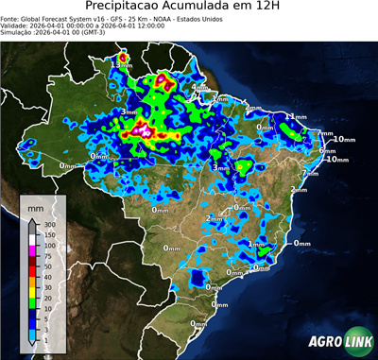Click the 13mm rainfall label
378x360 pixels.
coord(126,64)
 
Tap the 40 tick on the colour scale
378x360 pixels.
coord(50,278)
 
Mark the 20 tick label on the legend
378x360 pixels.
coord(50,301)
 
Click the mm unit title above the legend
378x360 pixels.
coord(35,205)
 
